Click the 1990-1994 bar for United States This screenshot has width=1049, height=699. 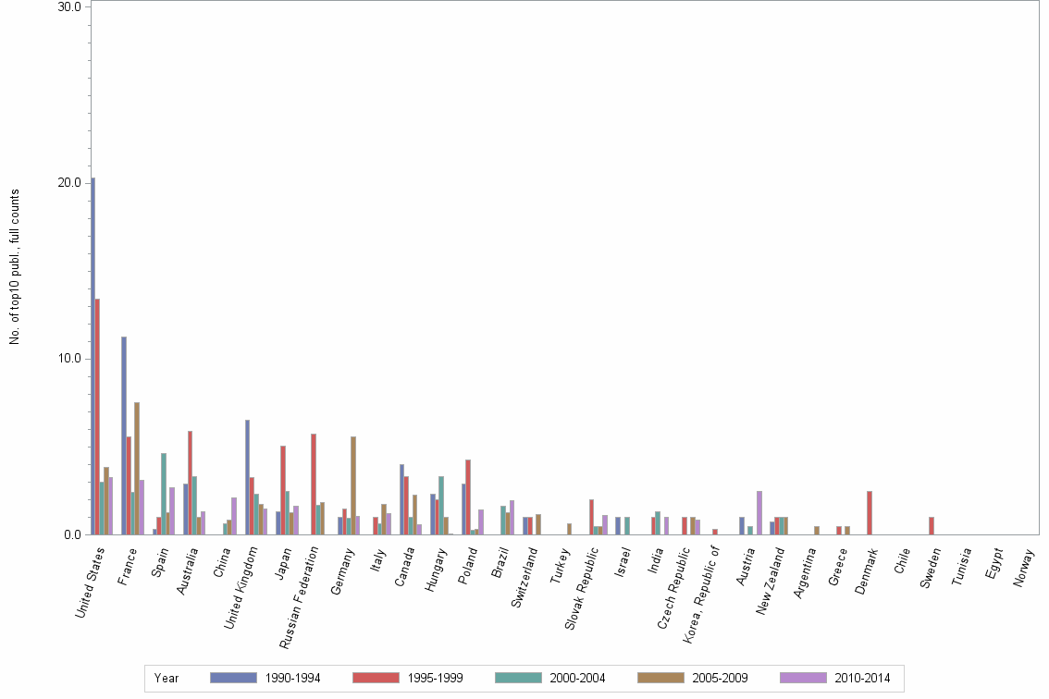pos(93,356)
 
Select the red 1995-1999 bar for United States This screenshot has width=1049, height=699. pos(97,416)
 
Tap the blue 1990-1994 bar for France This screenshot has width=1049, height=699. pos(124,435)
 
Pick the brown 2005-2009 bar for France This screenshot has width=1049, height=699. pos(137,468)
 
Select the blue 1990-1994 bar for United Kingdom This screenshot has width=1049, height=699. pos(247,477)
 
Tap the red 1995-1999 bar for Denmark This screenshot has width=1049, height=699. pos(869,512)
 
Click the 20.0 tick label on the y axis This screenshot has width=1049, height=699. pos(70,183)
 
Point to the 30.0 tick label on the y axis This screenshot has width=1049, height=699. pos(70,7)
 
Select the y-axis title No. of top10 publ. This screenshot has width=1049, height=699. pos(15,267)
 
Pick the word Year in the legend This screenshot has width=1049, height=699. pos(167,679)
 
